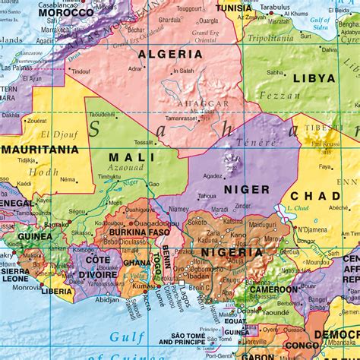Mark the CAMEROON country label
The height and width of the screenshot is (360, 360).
click(x=270, y=289)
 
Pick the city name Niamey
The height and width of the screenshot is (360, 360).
click(x=178, y=210)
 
